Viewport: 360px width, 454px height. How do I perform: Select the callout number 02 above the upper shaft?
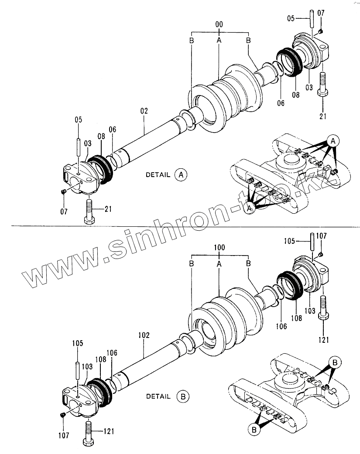click(144, 111)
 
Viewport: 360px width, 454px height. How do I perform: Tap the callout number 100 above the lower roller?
click(219, 247)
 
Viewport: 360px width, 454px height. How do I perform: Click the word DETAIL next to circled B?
click(158, 396)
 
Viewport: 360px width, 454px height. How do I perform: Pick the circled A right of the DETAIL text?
click(181, 174)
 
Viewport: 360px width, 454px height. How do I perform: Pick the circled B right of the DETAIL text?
click(183, 396)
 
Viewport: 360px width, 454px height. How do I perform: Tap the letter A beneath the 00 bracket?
click(219, 40)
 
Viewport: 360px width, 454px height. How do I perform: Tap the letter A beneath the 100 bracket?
click(219, 263)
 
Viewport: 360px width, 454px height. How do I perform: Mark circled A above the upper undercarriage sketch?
click(333, 141)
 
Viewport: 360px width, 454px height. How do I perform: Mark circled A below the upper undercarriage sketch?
click(250, 209)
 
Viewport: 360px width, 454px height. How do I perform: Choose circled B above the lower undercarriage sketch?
click(334, 362)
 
